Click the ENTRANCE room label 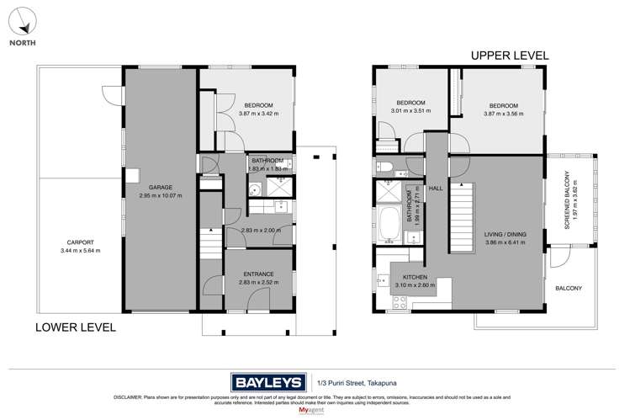tap(258, 274)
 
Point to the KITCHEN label tap(414, 278)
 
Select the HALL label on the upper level tap(436, 189)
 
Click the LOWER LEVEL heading tap(75, 327)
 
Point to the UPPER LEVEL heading tap(510, 56)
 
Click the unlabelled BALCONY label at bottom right tap(569, 288)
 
